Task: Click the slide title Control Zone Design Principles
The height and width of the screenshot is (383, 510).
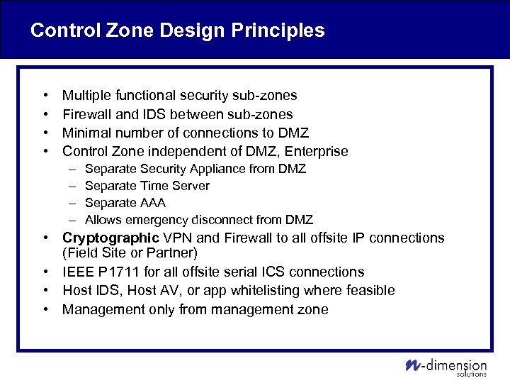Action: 178,30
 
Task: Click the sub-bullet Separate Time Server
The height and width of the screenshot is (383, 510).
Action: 147,186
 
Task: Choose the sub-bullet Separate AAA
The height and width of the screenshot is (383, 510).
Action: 125,203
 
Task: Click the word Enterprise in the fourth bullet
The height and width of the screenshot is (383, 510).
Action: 316,151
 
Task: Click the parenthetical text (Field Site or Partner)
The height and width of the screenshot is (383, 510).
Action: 130,253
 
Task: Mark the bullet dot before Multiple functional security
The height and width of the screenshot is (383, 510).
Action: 45,95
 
